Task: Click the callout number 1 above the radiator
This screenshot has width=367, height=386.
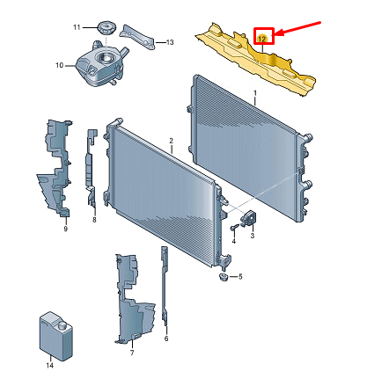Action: tap(255, 93)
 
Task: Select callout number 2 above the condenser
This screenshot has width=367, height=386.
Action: tap(172, 141)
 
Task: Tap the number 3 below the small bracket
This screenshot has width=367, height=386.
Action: tap(253, 236)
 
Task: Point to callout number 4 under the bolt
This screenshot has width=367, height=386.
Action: tap(234, 241)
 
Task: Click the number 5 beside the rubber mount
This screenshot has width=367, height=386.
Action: tap(240, 277)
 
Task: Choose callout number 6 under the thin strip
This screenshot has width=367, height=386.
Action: tap(166, 339)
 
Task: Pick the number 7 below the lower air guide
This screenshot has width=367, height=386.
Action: tap(132, 353)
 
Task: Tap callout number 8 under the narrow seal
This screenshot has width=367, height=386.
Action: tap(94, 220)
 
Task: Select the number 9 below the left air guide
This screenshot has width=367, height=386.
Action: tap(66, 229)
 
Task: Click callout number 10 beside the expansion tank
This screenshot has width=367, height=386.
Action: tap(60, 65)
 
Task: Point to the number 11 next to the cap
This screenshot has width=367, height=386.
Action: tap(77, 27)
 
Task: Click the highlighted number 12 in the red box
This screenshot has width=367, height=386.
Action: tap(262, 39)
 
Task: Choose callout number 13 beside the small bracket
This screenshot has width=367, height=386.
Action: tap(170, 43)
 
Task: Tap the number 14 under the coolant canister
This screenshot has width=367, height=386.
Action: tap(50, 365)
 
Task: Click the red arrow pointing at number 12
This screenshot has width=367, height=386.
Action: tap(298, 29)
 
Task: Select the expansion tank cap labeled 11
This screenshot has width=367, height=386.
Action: tap(106, 27)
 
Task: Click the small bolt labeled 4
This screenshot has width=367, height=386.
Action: tap(234, 227)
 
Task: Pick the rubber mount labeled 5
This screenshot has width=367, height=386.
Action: tap(224, 276)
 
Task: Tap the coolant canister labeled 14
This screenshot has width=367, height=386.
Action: tap(55, 335)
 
